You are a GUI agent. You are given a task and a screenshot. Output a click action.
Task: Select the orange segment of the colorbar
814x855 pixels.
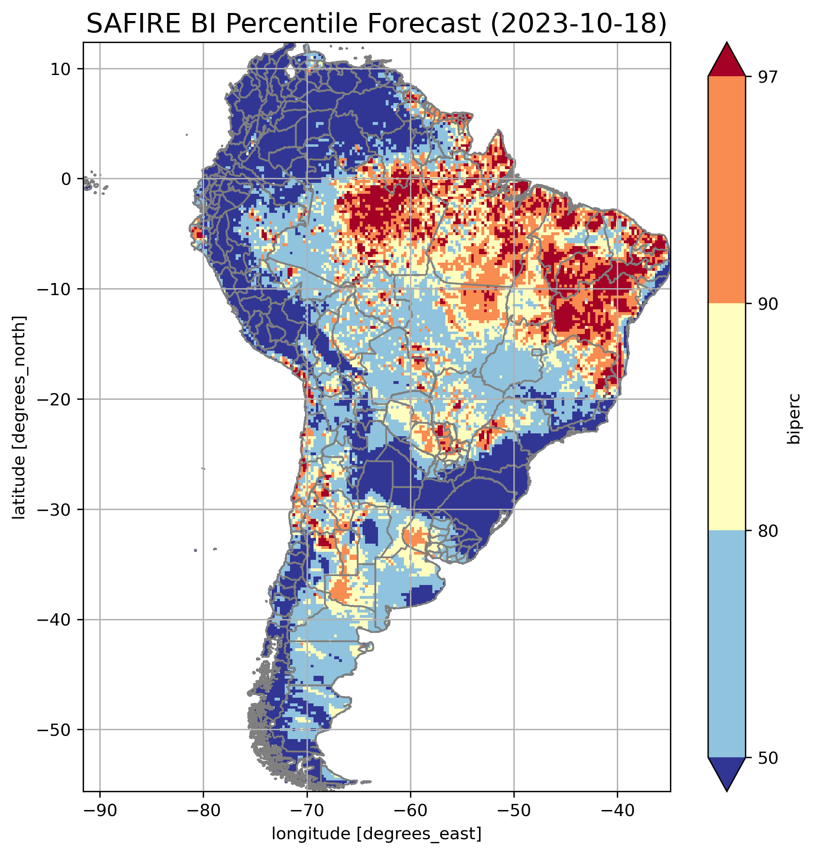(726, 190)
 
